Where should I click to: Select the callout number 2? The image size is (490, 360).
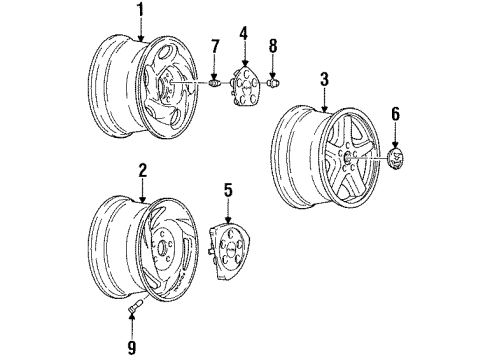coord(143,170)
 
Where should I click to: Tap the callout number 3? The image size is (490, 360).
coord(325,79)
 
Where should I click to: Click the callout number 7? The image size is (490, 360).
coord(213,48)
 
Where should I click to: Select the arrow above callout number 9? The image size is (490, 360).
coord(130,325)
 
